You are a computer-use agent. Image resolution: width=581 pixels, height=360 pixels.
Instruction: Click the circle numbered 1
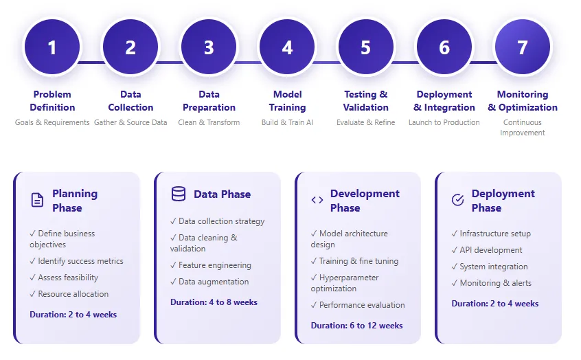pyautogui.click(x=52, y=47)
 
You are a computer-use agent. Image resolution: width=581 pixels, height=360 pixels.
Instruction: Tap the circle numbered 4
pyautogui.click(x=287, y=47)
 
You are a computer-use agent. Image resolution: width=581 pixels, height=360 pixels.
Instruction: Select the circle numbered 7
pyautogui.click(x=523, y=47)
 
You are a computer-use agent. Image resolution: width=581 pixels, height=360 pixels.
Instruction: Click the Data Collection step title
pyautogui.click(x=130, y=101)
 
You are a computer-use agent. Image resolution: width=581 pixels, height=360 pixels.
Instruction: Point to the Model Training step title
pyautogui.click(x=287, y=101)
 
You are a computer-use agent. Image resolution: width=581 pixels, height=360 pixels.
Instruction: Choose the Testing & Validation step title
pyautogui.click(x=365, y=101)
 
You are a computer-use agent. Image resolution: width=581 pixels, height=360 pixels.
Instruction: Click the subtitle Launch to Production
pyautogui.click(x=444, y=122)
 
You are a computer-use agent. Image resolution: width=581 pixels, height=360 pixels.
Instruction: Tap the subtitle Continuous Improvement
pyautogui.click(x=523, y=127)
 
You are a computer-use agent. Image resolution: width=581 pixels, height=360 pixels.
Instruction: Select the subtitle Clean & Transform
pyautogui.click(x=209, y=122)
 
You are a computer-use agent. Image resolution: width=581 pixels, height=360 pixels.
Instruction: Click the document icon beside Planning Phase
pyautogui.click(x=37, y=200)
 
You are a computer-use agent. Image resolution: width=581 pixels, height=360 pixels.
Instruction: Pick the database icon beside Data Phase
pyautogui.click(x=179, y=194)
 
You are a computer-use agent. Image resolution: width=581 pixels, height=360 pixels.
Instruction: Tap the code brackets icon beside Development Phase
pyautogui.click(x=317, y=200)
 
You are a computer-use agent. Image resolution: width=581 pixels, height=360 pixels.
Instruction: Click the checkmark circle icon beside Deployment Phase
pyautogui.click(x=457, y=200)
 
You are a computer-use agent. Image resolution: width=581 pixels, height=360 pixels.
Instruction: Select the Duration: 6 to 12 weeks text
pyautogui.click(x=356, y=326)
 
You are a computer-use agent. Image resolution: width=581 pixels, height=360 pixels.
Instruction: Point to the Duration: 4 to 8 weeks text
pyautogui.click(x=214, y=302)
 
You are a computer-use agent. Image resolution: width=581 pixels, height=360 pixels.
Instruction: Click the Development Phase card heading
pyautogui.click(x=364, y=201)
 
